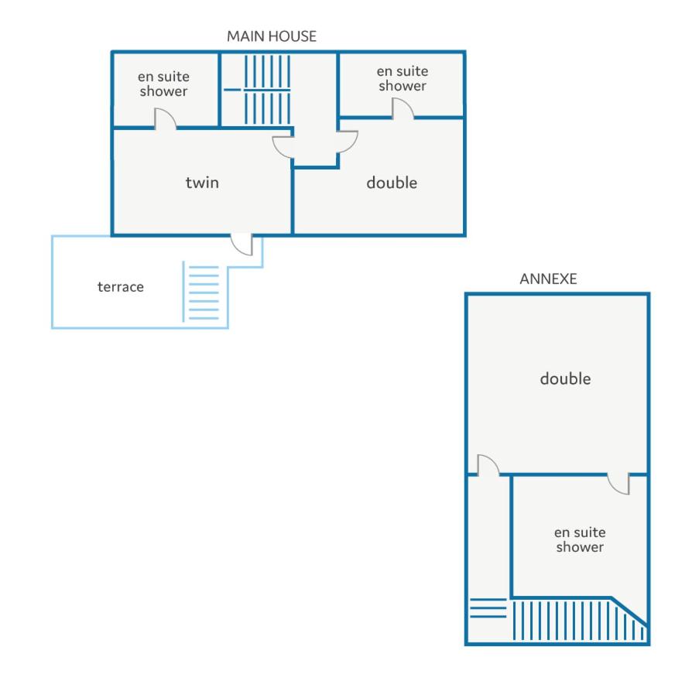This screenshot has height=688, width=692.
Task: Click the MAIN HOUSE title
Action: coord(272,36)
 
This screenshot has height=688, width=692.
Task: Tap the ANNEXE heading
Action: coord(548,279)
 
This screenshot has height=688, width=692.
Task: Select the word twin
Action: coord(202,183)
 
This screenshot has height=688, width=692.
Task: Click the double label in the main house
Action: coord(392,183)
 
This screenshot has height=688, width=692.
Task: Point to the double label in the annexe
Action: coord(565,378)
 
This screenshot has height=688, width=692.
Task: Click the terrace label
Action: coord(121,287)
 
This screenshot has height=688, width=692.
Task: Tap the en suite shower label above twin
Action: coord(164,84)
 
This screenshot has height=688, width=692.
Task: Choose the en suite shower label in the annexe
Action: coord(580,539)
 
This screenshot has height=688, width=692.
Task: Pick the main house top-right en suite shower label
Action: coord(403,78)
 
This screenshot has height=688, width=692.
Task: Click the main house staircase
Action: coord(268,90)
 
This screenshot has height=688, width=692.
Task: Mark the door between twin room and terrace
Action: coord(242,245)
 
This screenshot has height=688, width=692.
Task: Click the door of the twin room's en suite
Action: coord(166,118)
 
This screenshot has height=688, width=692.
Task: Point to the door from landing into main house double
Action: coord(348,142)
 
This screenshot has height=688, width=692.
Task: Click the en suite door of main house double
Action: coord(403,108)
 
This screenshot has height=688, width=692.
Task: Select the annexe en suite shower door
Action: coord(618,484)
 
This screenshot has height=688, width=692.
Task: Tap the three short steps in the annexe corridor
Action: coord(488,608)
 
